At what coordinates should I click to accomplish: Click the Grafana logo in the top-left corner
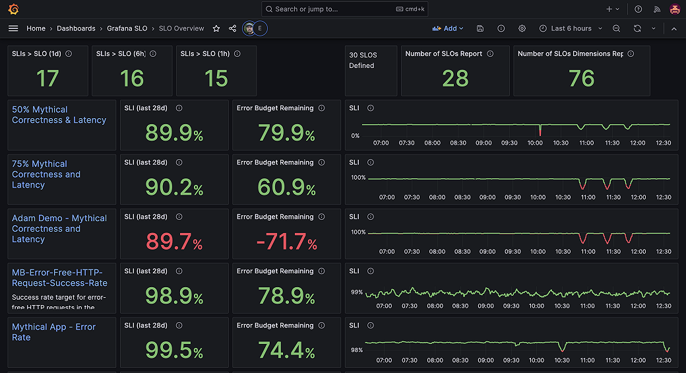(x=13, y=9)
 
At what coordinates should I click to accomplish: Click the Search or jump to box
(x=343, y=9)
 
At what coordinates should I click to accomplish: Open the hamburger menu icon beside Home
(x=13, y=28)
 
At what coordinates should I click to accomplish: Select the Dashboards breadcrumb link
(x=77, y=28)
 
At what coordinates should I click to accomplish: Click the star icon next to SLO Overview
(x=216, y=28)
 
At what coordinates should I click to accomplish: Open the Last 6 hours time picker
(x=571, y=28)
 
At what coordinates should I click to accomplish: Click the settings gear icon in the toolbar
(x=522, y=28)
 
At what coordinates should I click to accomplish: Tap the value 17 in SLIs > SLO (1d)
(x=47, y=79)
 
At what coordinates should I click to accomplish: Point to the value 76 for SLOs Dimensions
(x=581, y=79)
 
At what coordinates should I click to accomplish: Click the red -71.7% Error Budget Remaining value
(x=286, y=242)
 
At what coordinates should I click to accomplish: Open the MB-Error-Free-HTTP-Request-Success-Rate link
(x=59, y=277)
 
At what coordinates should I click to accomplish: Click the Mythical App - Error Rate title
(x=53, y=332)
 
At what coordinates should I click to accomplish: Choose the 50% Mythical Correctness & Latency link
(x=59, y=115)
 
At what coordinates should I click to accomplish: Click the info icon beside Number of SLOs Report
(x=490, y=54)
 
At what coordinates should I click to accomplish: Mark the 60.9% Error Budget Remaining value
(x=286, y=188)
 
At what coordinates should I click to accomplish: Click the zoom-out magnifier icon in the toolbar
(x=616, y=28)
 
